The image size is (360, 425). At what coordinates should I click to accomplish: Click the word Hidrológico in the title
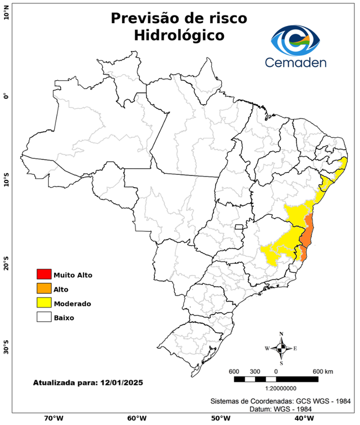[179, 35]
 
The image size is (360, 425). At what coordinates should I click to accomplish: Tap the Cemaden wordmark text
[295, 62]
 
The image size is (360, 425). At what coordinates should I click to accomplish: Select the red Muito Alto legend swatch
[44, 274]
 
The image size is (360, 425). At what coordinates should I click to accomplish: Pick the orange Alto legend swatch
[44, 288]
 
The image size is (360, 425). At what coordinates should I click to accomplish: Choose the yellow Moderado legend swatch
[44, 303]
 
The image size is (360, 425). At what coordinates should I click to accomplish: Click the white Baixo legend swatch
[44, 317]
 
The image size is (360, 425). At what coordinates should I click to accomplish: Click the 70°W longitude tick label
[53, 418]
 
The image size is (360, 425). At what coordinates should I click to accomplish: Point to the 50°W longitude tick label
[219, 418]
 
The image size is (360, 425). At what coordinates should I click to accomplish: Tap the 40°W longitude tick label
[302, 418]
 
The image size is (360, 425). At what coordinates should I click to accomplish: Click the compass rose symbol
[281, 348]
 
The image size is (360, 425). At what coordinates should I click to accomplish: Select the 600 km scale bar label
[322, 371]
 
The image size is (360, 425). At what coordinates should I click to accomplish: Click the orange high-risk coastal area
[308, 232]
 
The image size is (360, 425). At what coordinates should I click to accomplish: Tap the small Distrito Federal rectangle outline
[239, 227]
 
